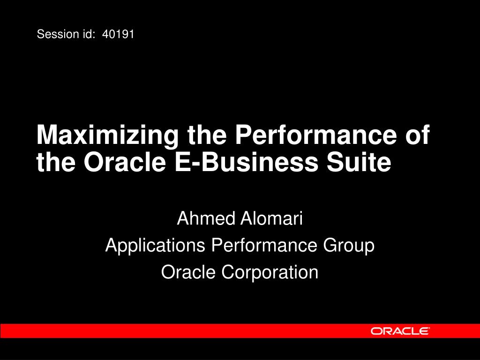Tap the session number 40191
118,34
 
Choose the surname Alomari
271,218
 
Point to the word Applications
155,246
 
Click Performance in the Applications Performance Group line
264,245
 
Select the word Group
349,246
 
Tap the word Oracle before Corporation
188,272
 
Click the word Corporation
270,272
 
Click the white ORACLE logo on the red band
400,331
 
